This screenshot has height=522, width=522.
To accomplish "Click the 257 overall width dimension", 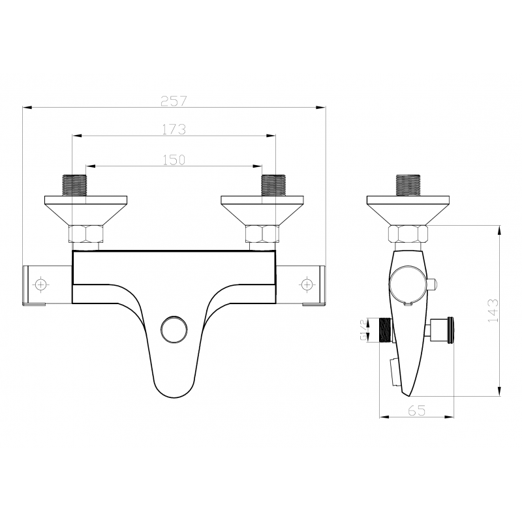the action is tap(174, 100).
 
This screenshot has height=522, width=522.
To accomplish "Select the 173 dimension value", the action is tap(174, 129).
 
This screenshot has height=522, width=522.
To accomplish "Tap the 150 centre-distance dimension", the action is tap(174, 160).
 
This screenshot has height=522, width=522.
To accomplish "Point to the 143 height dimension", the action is tap(493, 311).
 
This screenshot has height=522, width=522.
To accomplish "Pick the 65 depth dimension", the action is tap(417, 410).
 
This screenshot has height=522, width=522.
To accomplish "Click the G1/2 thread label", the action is tap(363, 330).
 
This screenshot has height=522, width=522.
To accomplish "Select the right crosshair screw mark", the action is tap(306, 284).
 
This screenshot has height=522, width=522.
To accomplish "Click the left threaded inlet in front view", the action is tap(74, 185).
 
